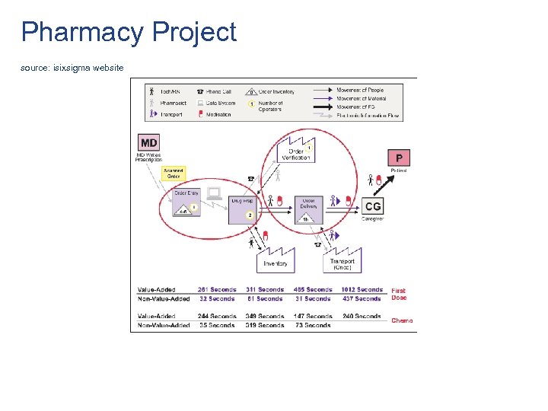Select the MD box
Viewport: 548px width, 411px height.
click(149, 142)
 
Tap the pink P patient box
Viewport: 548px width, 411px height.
click(399, 158)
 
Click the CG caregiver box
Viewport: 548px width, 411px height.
click(374, 206)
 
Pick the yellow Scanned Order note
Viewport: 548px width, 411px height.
click(173, 174)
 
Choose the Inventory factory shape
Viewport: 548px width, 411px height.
click(275, 260)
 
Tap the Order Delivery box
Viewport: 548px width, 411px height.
click(308, 207)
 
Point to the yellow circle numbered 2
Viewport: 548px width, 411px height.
click(250, 215)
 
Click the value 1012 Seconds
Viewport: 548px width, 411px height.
click(362, 290)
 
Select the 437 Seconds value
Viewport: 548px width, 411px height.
click(362, 299)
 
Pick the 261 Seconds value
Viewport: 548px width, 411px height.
click(217, 290)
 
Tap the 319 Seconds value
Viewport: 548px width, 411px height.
click(265, 326)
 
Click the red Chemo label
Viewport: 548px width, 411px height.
click(402, 321)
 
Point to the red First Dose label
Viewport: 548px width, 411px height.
click(399, 295)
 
